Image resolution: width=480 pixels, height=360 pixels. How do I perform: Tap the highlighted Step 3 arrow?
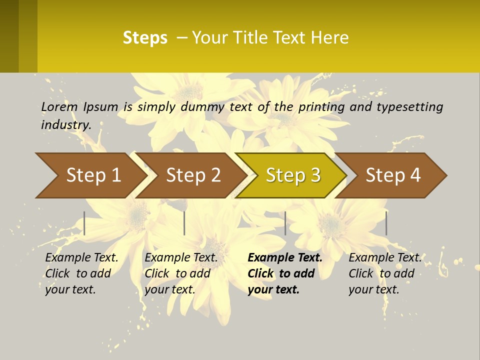(293, 175)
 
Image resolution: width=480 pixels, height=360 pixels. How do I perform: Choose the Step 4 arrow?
(393, 175)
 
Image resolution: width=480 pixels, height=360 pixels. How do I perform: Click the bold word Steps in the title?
(145, 38)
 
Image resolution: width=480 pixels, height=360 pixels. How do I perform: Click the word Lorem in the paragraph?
(59, 106)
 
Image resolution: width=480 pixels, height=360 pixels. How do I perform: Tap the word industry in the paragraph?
(66, 124)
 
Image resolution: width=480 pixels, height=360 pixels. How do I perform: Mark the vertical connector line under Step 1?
(84, 223)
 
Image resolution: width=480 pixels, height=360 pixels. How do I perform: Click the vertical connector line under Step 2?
(184, 223)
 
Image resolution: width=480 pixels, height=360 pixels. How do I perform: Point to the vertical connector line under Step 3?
(285, 223)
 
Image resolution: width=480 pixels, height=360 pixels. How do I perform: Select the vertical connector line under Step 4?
(386, 223)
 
